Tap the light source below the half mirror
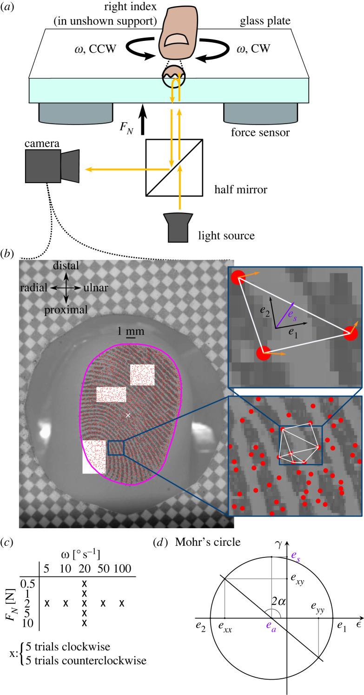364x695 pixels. click(179, 228)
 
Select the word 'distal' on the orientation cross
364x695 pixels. click(66, 265)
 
